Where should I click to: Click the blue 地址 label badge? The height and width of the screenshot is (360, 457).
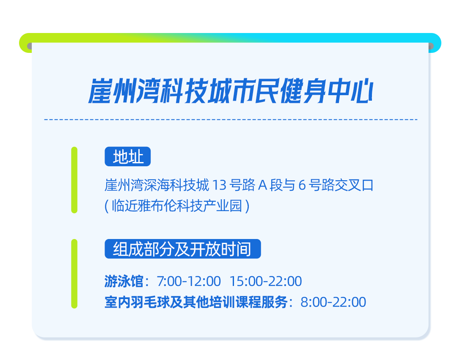[128, 157]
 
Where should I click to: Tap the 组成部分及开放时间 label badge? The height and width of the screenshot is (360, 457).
[183, 249]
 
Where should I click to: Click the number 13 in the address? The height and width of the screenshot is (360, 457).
[219, 185]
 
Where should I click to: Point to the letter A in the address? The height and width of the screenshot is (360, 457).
[262, 185]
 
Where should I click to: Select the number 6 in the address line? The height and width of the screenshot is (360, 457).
[302, 185]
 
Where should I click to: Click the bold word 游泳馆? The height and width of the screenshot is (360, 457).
[124, 281]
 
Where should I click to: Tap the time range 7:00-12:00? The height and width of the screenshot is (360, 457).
[189, 281]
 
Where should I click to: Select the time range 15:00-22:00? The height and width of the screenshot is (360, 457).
[266, 281]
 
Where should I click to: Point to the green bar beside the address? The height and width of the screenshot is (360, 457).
[74, 180]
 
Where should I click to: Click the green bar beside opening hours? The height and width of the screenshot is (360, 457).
[74, 274]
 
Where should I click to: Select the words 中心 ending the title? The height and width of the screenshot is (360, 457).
[350, 91]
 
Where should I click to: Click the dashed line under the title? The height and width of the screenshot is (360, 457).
[231, 119]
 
